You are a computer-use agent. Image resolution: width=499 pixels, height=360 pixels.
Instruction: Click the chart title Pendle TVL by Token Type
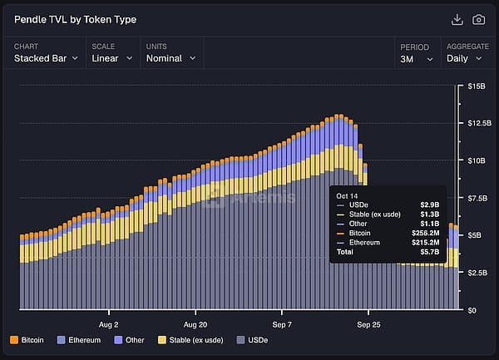pyautogui.click(x=76, y=19)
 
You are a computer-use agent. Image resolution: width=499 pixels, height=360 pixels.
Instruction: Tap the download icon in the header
pyautogui.click(x=457, y=19)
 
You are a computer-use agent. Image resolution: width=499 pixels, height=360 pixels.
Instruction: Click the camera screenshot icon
pyautogui.click(x=479, y=19)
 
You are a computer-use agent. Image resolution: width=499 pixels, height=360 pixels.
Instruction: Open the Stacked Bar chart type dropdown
pyautogui.click(x=46, y=58)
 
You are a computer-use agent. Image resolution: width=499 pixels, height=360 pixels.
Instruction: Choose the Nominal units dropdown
pyautogui.click(x=170, y=58)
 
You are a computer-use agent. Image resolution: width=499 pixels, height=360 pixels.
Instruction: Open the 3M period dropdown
pyautogui.click(x=417, y=58)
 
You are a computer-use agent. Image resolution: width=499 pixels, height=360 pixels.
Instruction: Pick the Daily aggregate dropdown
pyautogui.click(x=466, y=58)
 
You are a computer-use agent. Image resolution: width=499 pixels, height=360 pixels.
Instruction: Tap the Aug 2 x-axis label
pyautogui.click(x=109, y=324)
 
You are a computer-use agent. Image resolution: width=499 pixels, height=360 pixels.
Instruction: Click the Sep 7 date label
pyautogui.click(x=282, y=324)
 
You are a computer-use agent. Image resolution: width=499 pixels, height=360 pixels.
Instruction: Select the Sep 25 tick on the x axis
pyautogui.click(x=368, y=324)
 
